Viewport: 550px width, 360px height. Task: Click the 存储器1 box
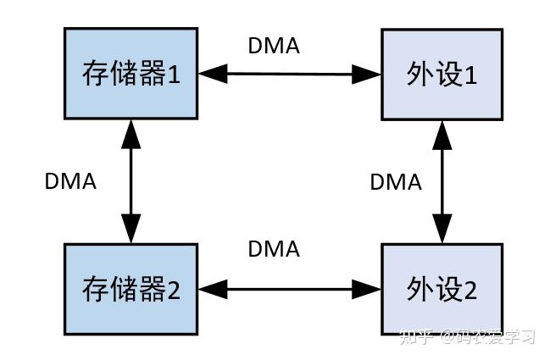pos(131,74)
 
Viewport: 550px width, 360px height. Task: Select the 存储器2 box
pos(131,289)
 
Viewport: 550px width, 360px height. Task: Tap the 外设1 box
pos(442,74)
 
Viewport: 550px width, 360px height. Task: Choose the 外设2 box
pos(442,289)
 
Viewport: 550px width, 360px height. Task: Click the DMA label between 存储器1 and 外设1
pos(274,46)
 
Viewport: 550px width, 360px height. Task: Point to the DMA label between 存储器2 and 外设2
pos(274,249)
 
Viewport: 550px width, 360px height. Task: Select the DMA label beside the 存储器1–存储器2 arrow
pos(70,181)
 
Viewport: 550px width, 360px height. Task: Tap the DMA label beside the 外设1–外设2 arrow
pos(396,181)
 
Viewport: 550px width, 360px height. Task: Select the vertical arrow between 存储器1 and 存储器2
pos(131,181)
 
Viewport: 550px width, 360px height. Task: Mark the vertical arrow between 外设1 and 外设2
pos(442,181)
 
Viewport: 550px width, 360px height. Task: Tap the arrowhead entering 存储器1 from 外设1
pos(212,74)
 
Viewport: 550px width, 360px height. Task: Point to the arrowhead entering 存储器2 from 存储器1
pos(131,230)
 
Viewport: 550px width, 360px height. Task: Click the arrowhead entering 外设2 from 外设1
pos(442,230)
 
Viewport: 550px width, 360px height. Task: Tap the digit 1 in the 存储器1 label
pos(173,75)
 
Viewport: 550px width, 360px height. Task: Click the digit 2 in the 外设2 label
pos(470,291)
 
